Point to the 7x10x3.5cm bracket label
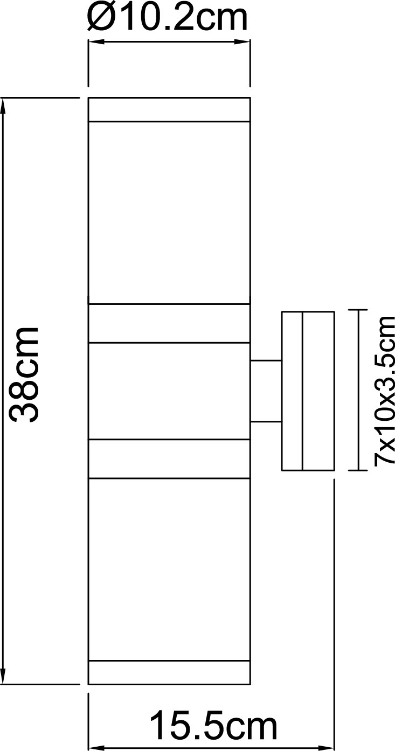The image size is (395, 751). click(384, 390)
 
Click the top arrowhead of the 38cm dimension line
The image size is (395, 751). click(3, 106)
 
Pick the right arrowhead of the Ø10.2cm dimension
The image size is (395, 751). click(241, 42)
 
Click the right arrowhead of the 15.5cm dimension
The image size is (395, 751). click(326, 748)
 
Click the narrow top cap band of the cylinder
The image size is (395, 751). click(169, 109)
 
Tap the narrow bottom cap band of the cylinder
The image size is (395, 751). click(169, 672)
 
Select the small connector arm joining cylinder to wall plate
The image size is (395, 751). click(266, 391)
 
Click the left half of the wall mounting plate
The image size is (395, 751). click(292, 391)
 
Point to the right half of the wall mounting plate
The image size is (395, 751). click(318, 391)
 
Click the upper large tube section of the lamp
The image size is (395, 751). click(169, 213)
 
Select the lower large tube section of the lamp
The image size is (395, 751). click(169, 569)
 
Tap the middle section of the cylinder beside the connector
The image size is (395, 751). click(169, 391)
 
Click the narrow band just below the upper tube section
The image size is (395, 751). click(169, 324)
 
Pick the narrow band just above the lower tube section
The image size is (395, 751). click(169, 458)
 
